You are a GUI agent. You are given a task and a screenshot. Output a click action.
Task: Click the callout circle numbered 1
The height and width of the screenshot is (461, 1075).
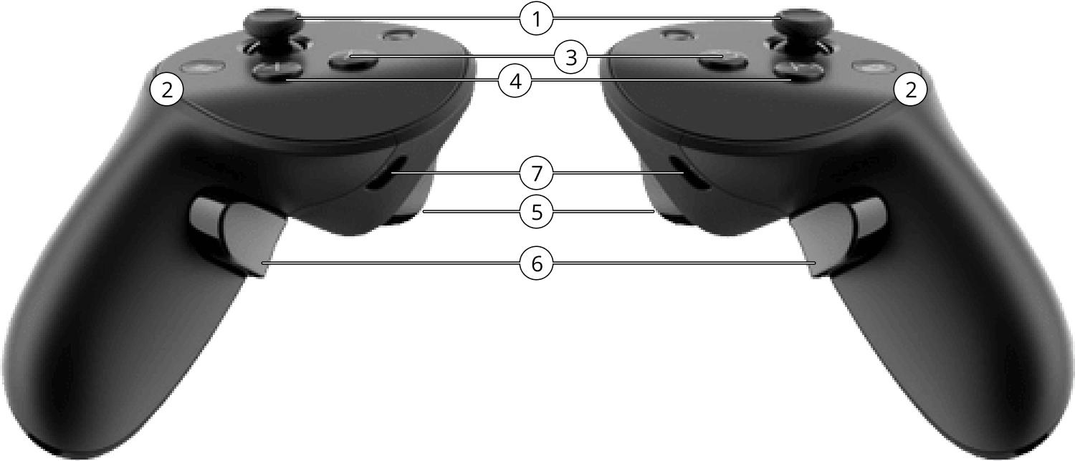537,19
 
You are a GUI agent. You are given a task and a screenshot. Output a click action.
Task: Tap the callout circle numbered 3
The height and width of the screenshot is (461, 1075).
570,57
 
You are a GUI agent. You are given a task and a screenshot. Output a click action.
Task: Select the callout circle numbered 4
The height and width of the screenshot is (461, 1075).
515,82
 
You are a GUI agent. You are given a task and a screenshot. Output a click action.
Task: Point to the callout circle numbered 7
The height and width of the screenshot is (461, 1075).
537,173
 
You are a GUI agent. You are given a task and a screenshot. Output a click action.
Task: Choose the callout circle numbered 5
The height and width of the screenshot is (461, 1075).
537,211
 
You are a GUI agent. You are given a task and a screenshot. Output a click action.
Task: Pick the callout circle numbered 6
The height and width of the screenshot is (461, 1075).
537,263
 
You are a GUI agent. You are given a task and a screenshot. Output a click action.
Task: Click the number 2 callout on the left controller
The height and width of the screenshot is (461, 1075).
166,89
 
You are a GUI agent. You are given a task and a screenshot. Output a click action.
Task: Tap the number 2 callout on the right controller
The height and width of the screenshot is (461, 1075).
910,89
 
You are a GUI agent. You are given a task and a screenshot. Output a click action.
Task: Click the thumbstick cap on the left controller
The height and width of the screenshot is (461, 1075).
272,20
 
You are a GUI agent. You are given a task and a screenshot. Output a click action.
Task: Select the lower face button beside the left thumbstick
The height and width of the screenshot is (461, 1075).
277,72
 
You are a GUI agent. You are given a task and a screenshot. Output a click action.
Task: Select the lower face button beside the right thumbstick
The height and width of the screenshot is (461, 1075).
798,72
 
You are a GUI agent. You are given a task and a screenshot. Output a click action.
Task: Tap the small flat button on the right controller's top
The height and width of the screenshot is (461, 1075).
871,67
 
